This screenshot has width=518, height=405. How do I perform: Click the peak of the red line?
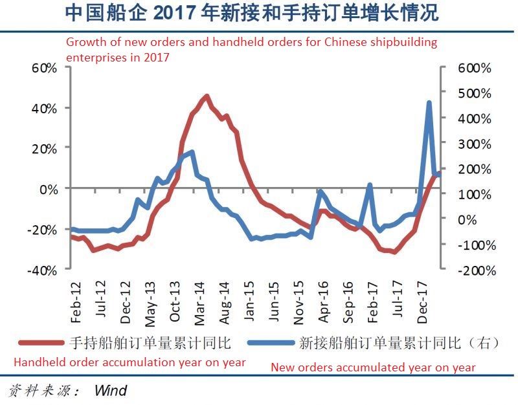pos(207,96)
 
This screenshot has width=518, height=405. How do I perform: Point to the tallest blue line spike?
pos(429,102)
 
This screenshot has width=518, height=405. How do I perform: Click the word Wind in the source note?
pos(110,390)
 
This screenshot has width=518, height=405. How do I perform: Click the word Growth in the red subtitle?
pos(85,43)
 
